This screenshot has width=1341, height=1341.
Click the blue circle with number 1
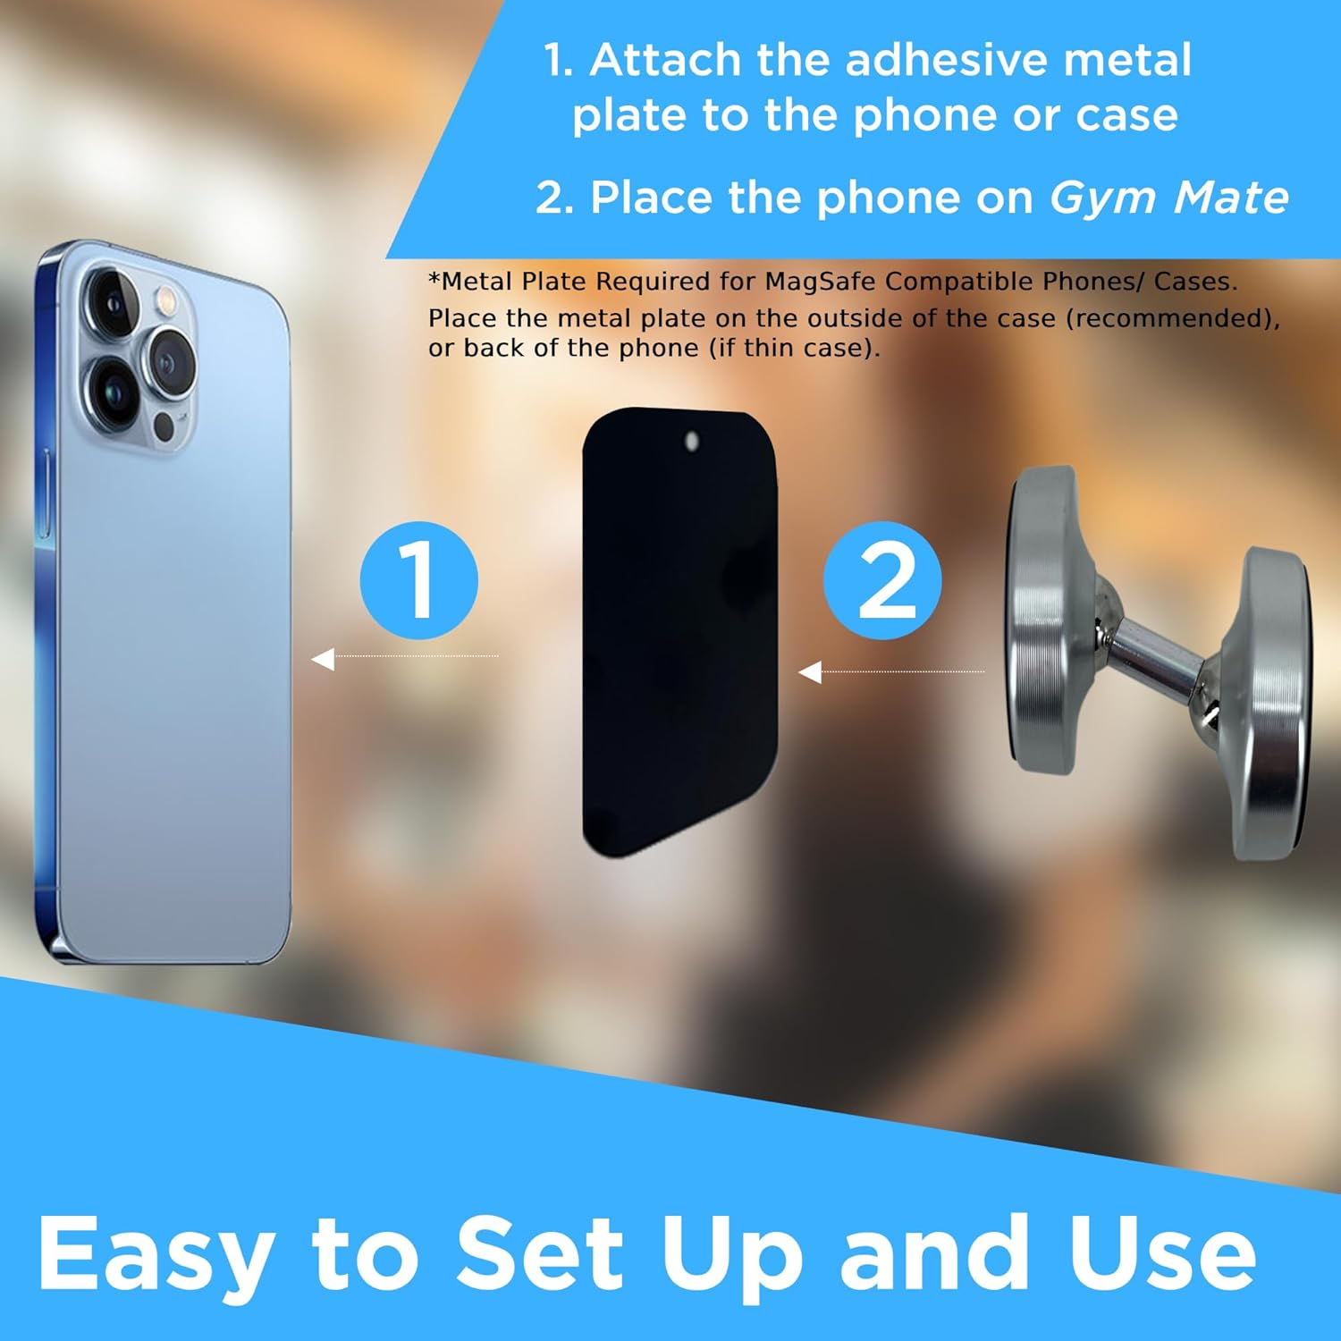pos(418,580)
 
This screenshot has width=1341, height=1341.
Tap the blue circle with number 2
pos(882,580)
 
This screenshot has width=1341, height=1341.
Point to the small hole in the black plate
pos(691,441)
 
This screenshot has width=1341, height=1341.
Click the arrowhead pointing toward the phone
pos(323,659)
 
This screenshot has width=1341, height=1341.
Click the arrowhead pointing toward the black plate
pos(810,671)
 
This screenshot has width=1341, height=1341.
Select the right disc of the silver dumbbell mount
pos(1269,706)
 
